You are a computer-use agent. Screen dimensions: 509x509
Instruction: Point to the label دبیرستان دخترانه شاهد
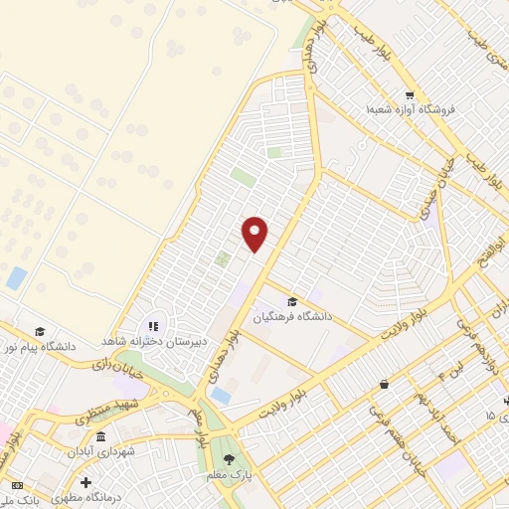click(152, 340)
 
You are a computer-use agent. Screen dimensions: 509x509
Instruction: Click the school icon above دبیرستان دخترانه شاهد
click(152, 325)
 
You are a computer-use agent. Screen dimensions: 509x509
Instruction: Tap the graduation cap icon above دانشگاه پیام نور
click(40, 332)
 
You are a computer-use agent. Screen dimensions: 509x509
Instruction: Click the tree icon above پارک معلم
click(231, 460)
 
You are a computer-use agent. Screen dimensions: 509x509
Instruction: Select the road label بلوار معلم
click(201, 423)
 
